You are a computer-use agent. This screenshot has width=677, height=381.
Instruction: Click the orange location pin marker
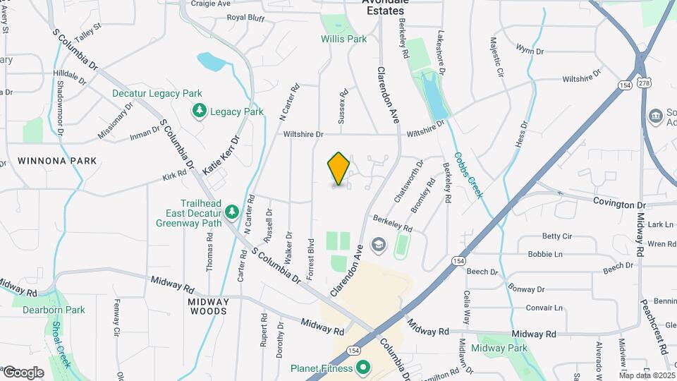coord(339,169)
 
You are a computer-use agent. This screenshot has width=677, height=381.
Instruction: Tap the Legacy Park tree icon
coord(200,111)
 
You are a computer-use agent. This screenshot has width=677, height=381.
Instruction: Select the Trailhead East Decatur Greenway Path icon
coord(231,212)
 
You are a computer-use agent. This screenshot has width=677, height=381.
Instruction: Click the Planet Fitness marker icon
coord(363,368)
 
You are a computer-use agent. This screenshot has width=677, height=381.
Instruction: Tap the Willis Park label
coord(343,40)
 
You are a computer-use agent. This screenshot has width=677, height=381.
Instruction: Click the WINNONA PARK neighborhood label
coord(47,161)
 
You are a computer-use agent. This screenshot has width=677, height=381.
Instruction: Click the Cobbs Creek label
coord(468,176)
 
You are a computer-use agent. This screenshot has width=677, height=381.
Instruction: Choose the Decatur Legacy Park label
coord(157,94)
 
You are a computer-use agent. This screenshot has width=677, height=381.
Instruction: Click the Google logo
coord(23,373)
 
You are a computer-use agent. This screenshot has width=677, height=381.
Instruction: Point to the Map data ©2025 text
coord(647,375)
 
